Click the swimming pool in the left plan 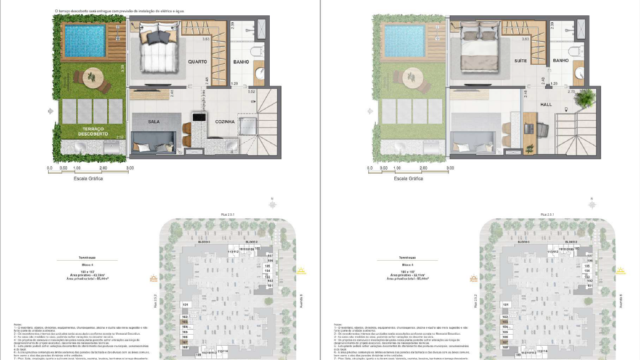pos(85,42)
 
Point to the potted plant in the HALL pos(583,98)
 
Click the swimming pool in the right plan pos(406,42)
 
